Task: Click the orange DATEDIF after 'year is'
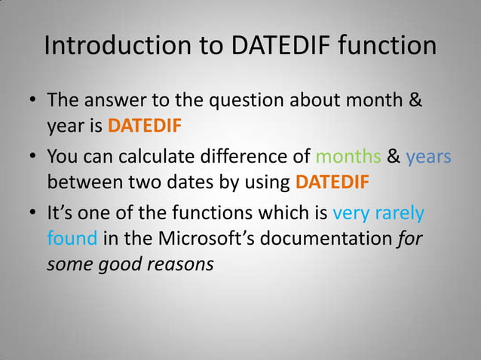point(145,124)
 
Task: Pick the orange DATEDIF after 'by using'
point(332,182)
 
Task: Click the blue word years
point(428,157)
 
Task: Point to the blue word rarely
point(399,215)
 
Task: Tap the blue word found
point(72,239)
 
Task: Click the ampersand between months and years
point(394,157)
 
